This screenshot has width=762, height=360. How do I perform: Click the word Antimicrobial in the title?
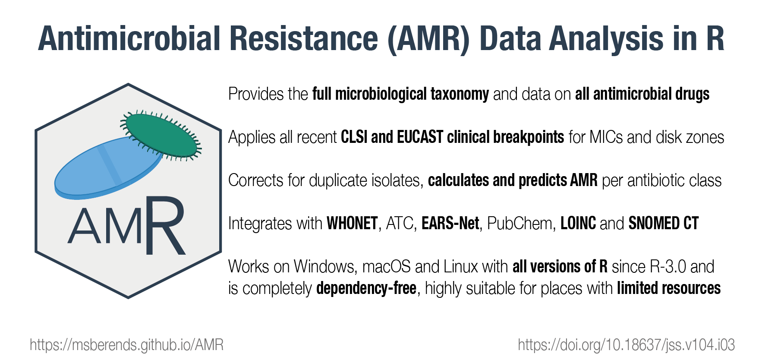tap(129, 38)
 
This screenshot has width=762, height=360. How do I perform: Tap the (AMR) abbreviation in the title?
tap(428, 40)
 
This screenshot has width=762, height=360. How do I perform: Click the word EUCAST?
tap(420, 137)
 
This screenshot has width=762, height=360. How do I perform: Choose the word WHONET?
tap(352, 224)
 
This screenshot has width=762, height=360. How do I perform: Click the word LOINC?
tap(578, 224)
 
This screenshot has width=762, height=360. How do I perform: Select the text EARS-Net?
tap(450, 224)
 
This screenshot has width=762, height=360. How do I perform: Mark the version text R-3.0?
tap(668, 267)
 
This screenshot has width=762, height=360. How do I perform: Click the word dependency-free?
tap(366, 289)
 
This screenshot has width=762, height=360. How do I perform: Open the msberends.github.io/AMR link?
tap(126, 345)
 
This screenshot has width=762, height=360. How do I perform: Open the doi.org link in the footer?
tap(627, 345)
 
